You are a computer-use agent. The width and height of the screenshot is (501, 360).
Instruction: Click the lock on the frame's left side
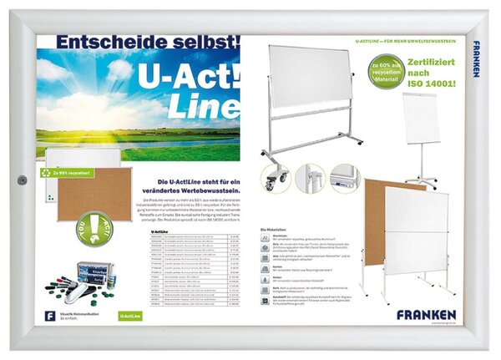click(23, 180)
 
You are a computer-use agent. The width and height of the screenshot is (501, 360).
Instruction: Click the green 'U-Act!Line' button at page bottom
click(129, 317)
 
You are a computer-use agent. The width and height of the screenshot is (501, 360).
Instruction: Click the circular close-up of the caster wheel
click(275, 177)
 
